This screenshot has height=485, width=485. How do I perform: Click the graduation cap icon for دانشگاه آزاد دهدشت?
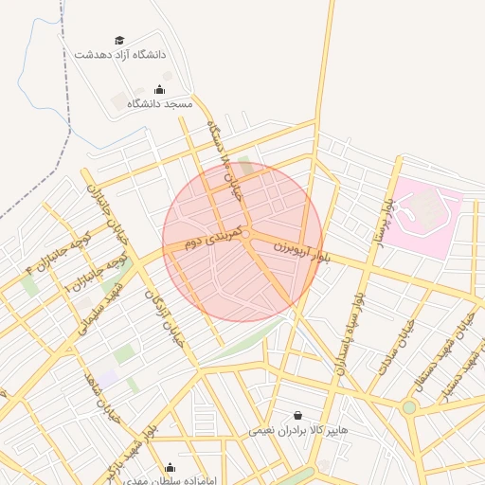pos(119,40)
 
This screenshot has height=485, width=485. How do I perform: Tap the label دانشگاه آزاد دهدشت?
pos(120,55)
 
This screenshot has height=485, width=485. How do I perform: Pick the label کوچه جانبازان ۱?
pos(95,270)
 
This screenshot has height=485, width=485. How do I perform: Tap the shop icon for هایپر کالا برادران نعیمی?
pos(299,416)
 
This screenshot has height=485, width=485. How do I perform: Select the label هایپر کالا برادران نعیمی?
pos(299,430)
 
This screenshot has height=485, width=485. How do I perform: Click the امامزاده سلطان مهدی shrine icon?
pos(170,467)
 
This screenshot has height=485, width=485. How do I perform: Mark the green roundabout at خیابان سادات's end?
pos(409,407)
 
